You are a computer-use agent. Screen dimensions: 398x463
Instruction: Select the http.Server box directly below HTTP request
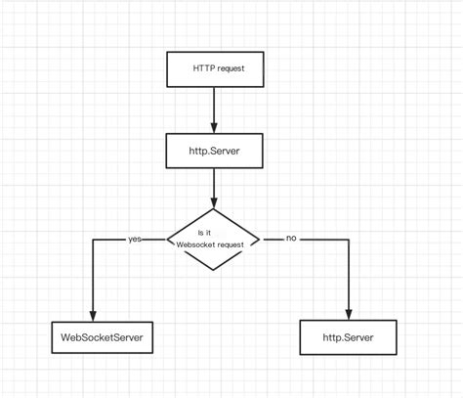pos(213,150)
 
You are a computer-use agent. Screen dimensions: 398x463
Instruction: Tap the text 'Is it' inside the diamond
pos(205,233)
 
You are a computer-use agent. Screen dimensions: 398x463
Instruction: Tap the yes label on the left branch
pos(135,239)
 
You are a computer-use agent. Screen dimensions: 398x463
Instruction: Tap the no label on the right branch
pos(290,239)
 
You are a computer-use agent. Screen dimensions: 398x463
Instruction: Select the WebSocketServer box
pos(94,338)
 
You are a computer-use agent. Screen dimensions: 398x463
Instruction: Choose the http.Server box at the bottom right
pos(348,338)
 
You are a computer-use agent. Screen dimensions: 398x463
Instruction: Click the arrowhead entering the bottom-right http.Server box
pos(348,314)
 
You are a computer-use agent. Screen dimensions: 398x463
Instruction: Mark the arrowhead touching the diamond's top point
pos(213,202)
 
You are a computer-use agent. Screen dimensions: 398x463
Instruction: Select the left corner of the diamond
pos(166,240)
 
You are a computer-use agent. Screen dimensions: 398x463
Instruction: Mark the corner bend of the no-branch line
pos(348,240)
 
